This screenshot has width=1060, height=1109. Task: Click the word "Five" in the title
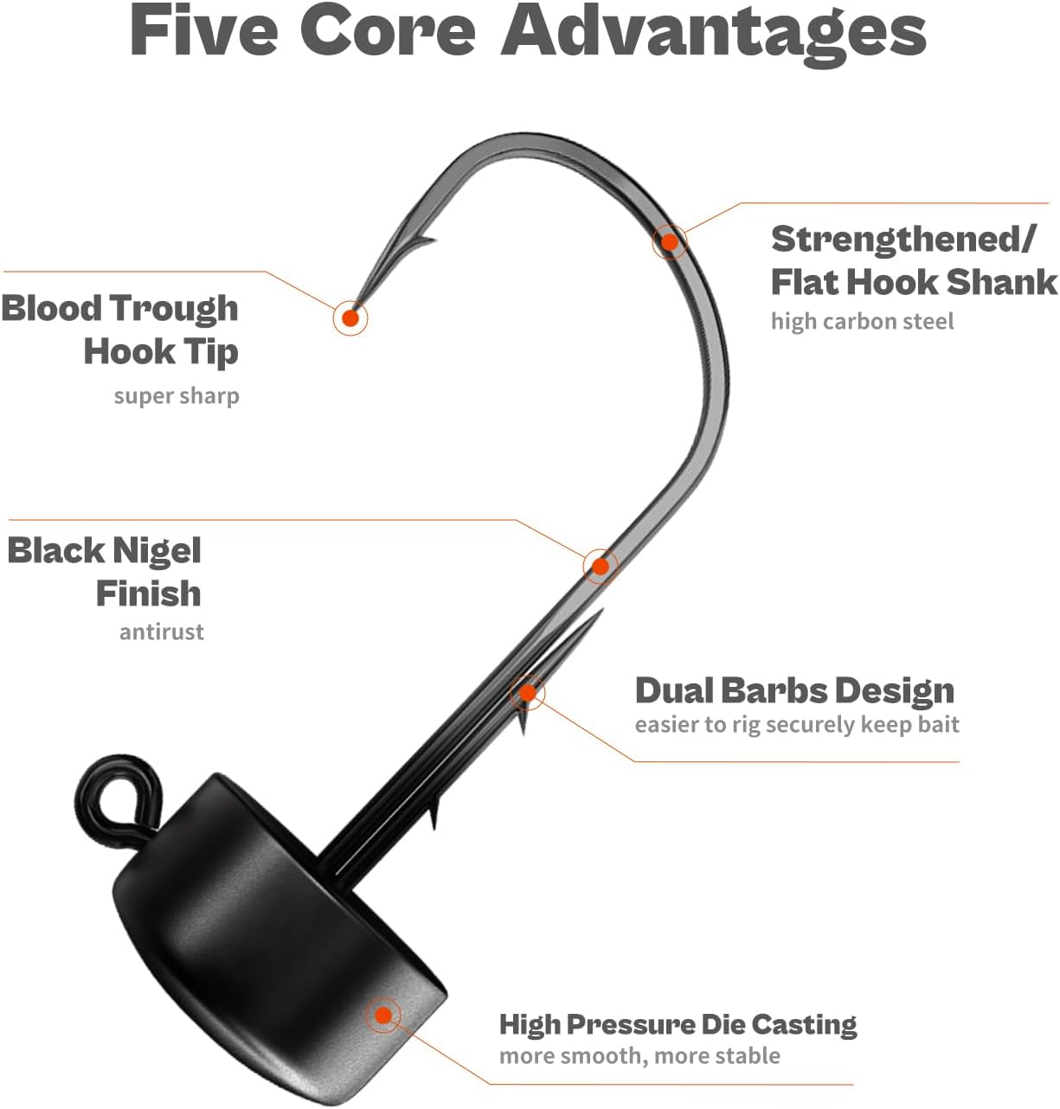pyautogui.click(x=204, y=31)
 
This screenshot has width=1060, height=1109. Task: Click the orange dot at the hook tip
pyautogui.click(x=350, y=318)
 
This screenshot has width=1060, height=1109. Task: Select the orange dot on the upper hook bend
pyautogui.click(x=670, y=242)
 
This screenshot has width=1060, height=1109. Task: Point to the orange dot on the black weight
pyautogui.click(x=383, y=1015)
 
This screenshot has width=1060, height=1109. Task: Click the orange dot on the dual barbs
pyautogui.click(x=528, y=692)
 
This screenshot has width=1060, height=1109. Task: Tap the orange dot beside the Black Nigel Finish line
pyautogui.click(x=600, y=566)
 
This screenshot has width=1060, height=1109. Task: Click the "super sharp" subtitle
pyautogui.click(x=177, y=396)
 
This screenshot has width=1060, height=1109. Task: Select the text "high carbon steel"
pyautogui.click(x=862, y=322)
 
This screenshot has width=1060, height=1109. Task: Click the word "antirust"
pyautogui.click(x=161, y=631)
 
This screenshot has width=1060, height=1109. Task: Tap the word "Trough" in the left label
pyautogui.click(x=175, y=309)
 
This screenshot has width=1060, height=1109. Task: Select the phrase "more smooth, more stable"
pyautogui.click(x=639, y=1056)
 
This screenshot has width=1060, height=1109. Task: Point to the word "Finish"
pyautogui.click(x=149, y=593)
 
